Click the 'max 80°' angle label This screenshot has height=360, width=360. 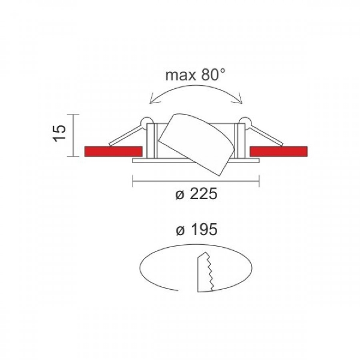196,75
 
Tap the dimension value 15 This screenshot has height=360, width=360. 60,133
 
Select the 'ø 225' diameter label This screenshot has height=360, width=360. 196,194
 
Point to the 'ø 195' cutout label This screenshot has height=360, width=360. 197,229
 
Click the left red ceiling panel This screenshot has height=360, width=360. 113,152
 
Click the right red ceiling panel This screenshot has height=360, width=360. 278,152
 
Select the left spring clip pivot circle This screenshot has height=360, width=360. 146,122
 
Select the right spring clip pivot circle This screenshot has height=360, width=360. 245,122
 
